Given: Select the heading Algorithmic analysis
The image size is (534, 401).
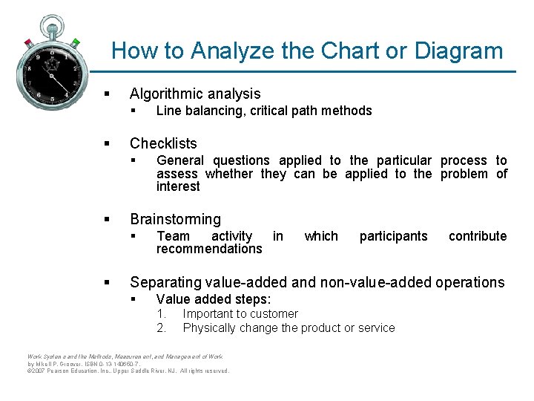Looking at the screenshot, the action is click(x=195, y=94).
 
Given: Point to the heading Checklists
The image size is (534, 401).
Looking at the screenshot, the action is click(x=163, y=143).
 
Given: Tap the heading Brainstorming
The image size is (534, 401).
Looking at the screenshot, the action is click(x=175, y=219).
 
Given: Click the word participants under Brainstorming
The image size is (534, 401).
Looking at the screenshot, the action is click(x=393, y=236).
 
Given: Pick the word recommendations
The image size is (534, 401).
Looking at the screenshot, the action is click(x=209, y=249).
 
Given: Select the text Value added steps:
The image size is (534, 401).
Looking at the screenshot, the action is click(x=214, y=299).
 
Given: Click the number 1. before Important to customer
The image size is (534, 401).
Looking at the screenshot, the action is click(x=161, y=314).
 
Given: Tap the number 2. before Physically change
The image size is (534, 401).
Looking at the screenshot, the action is click(x=161, y=327).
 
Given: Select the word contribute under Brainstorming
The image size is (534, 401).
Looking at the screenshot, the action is click(x=478, y=236).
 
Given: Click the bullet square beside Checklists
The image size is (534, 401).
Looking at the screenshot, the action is click(x=108, y=143).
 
